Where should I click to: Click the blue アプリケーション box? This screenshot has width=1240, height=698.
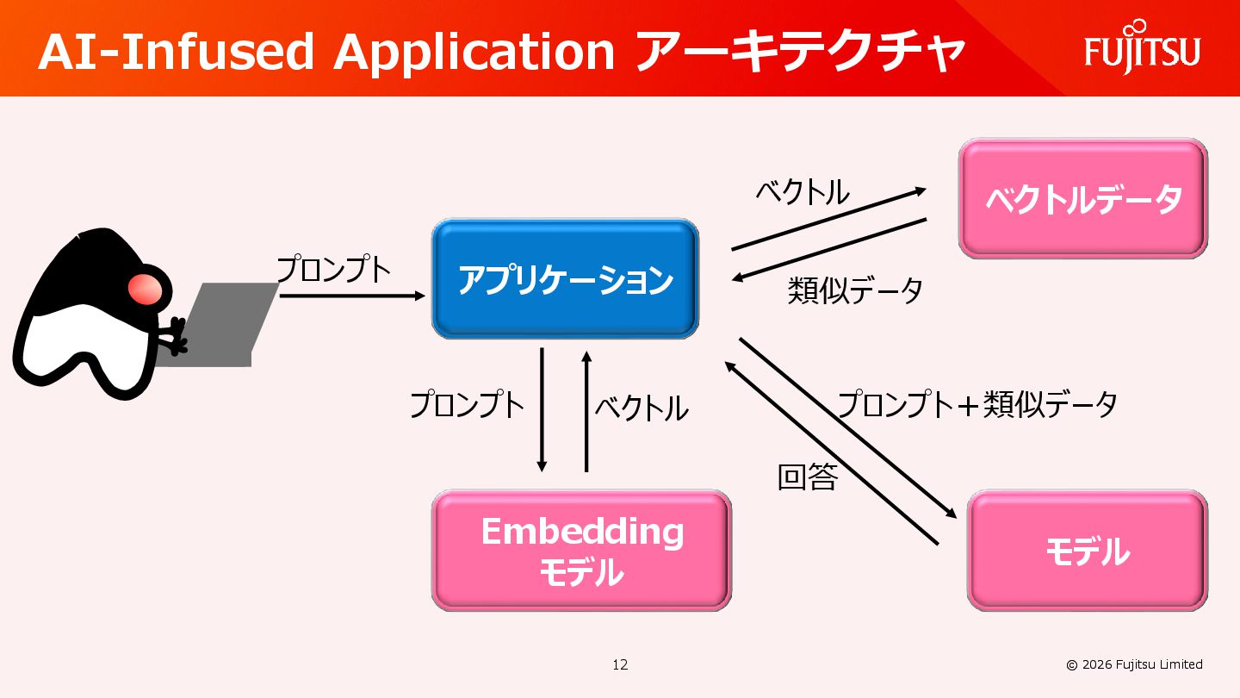(x=565, y=279)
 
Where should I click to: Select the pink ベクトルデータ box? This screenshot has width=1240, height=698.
(x=1083, y=199)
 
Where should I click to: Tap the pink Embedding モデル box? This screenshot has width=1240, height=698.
(x=581, y=551)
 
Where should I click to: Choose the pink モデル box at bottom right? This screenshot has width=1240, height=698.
(x=1088, y=551)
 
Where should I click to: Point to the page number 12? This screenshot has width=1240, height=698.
(x=620, y=664)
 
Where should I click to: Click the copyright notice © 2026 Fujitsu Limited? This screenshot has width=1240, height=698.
(x=1134, y=664)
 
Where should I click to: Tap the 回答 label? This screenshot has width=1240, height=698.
(x=807, y=477)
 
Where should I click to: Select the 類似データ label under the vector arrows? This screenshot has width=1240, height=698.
(x=855, y=290)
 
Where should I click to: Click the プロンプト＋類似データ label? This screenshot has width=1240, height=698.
(x=977, y=403)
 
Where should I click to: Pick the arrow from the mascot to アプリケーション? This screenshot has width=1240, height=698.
(x=353, y=296)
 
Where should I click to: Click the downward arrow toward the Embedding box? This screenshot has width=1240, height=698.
(x=542, y=409)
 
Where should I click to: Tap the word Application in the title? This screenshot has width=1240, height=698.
(x=474, y=53)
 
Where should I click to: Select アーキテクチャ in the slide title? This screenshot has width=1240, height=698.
(x=799, y=53)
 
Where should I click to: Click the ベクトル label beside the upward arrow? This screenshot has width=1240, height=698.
(x=642, y=408)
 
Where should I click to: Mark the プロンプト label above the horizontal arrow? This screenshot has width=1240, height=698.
(x=333, y=270)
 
